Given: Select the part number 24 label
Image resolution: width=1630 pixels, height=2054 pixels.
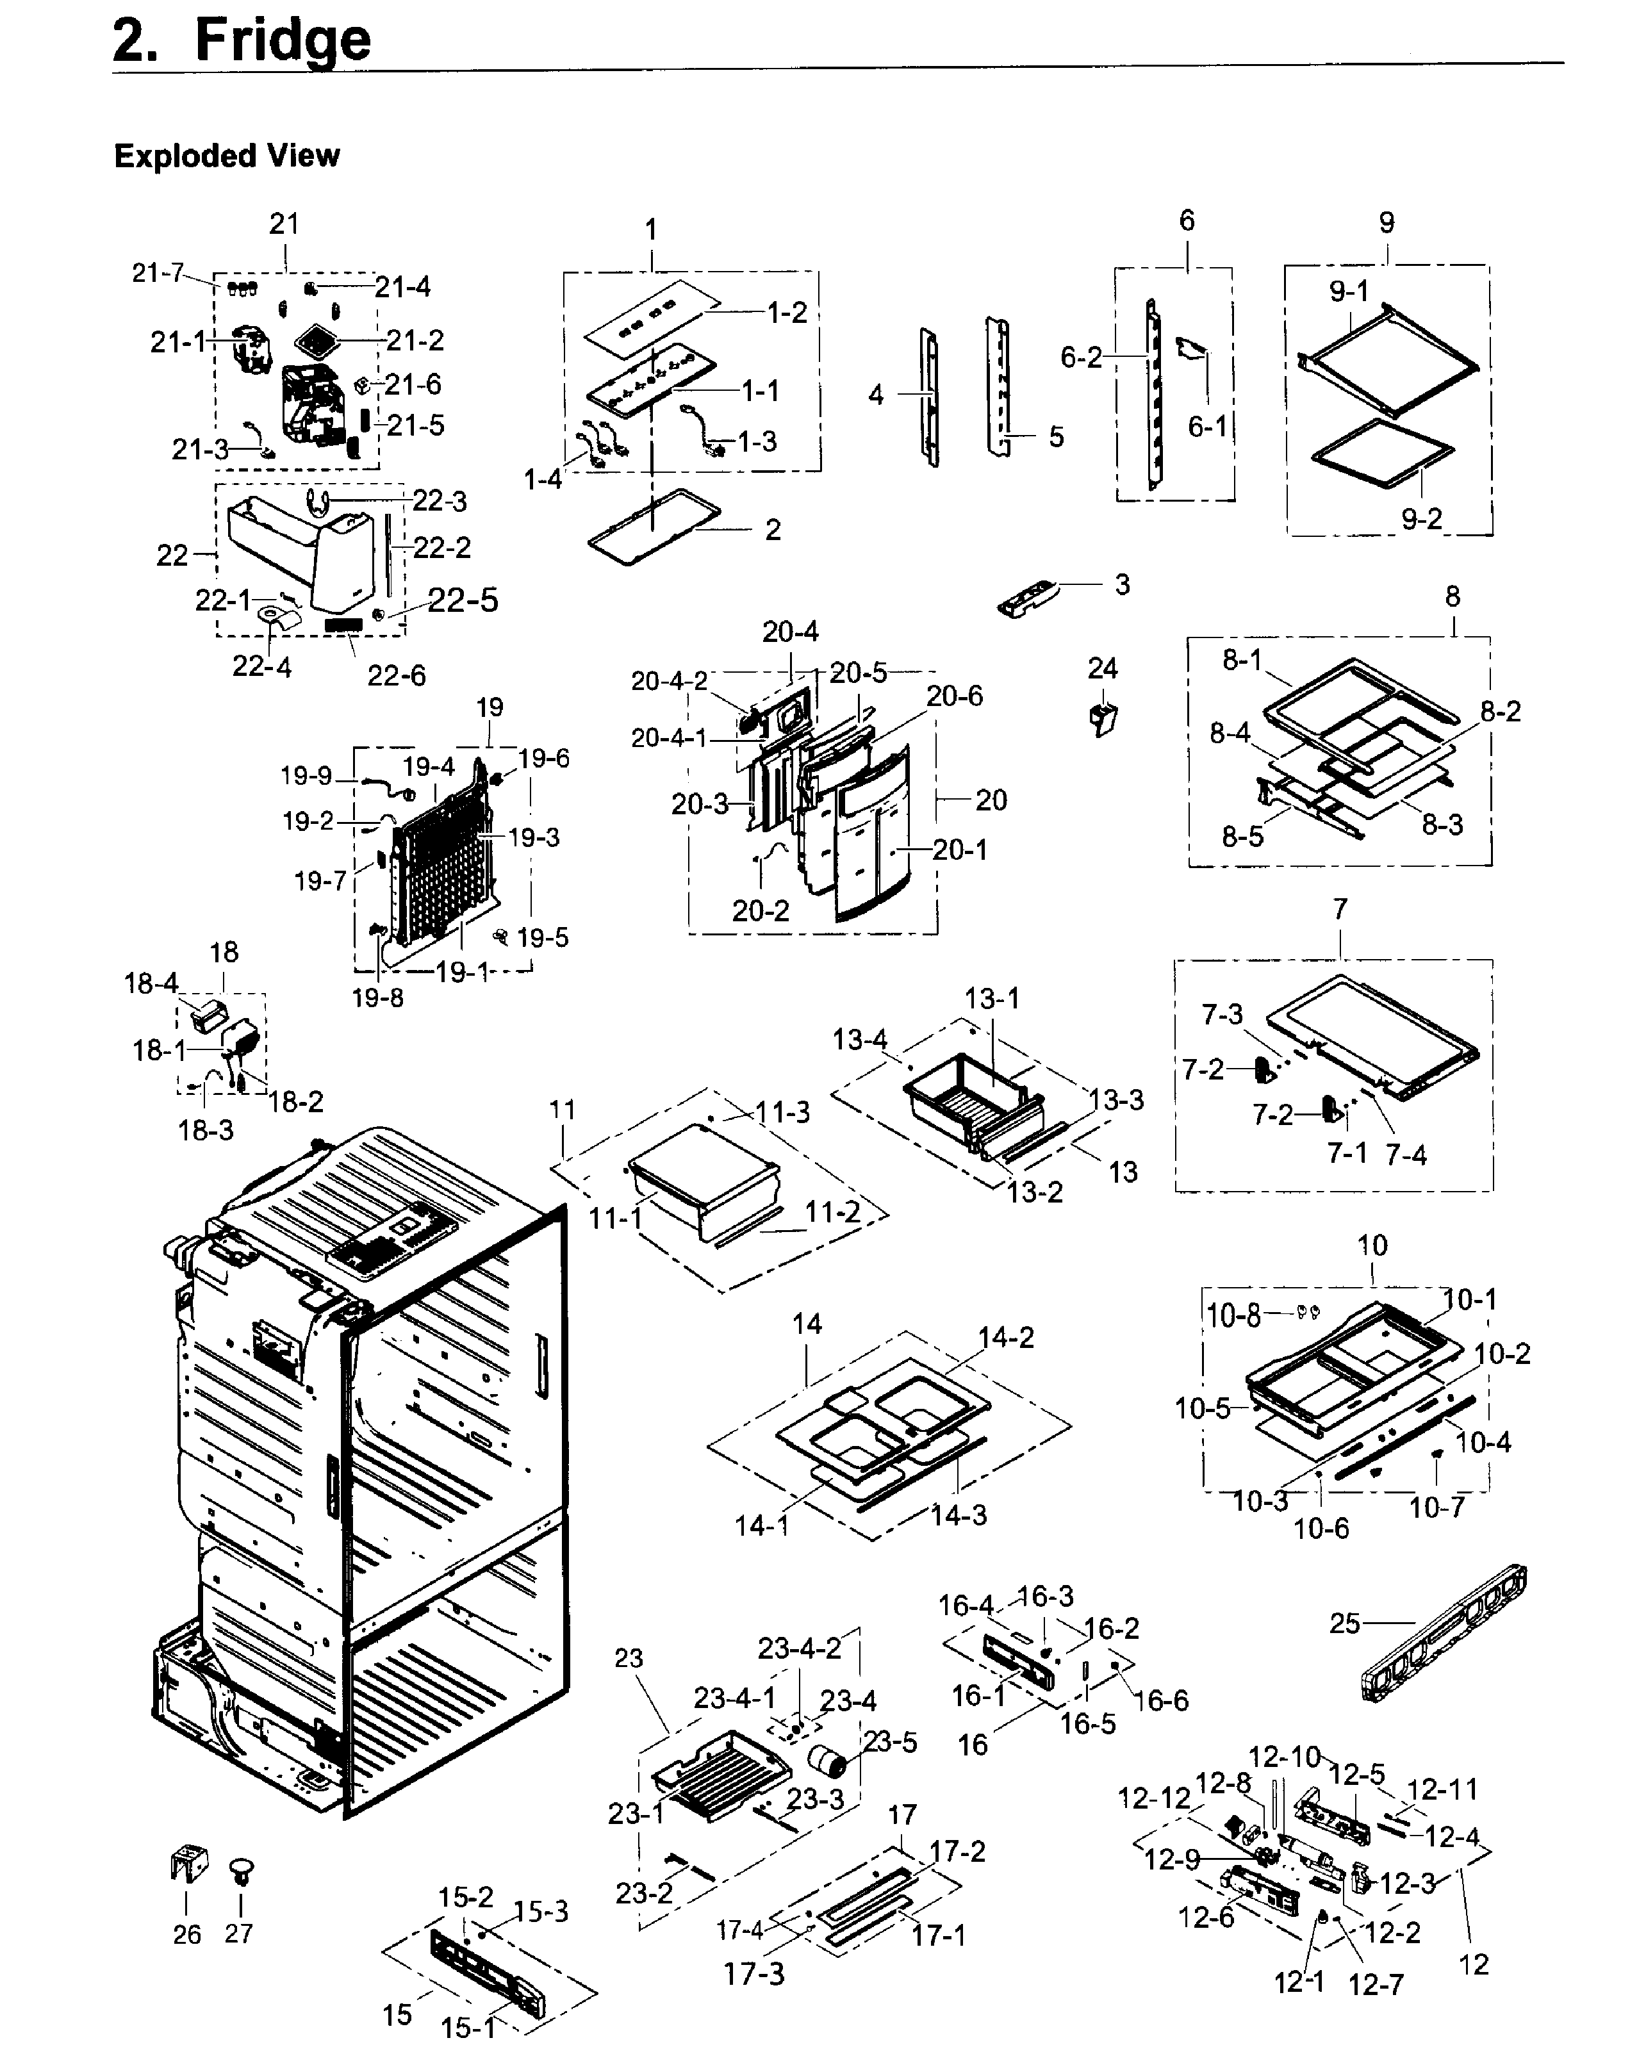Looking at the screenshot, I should pyautogui.click(x=1102, y=669).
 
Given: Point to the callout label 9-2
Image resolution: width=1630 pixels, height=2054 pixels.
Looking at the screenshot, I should pyautogui.click(x=1420, y=519).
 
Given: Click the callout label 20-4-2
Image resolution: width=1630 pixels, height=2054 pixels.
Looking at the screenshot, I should pyautogui.click(x=669, y=680).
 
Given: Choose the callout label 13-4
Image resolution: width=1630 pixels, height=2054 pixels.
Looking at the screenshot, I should pyautogui.click(x=859, y=1039).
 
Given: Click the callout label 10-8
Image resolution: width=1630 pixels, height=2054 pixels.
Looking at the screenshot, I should pyautogui.click(x=1233, y=1316).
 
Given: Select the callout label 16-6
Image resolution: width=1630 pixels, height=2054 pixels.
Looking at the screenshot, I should pyautogui.click(x=1161, y=1700).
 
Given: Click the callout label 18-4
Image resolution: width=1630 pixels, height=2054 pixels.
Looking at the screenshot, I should pyautogui.click(x=151, y=983).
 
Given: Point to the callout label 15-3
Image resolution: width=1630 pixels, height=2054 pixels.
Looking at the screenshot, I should pyautogui.click(x=540, y=1911).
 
